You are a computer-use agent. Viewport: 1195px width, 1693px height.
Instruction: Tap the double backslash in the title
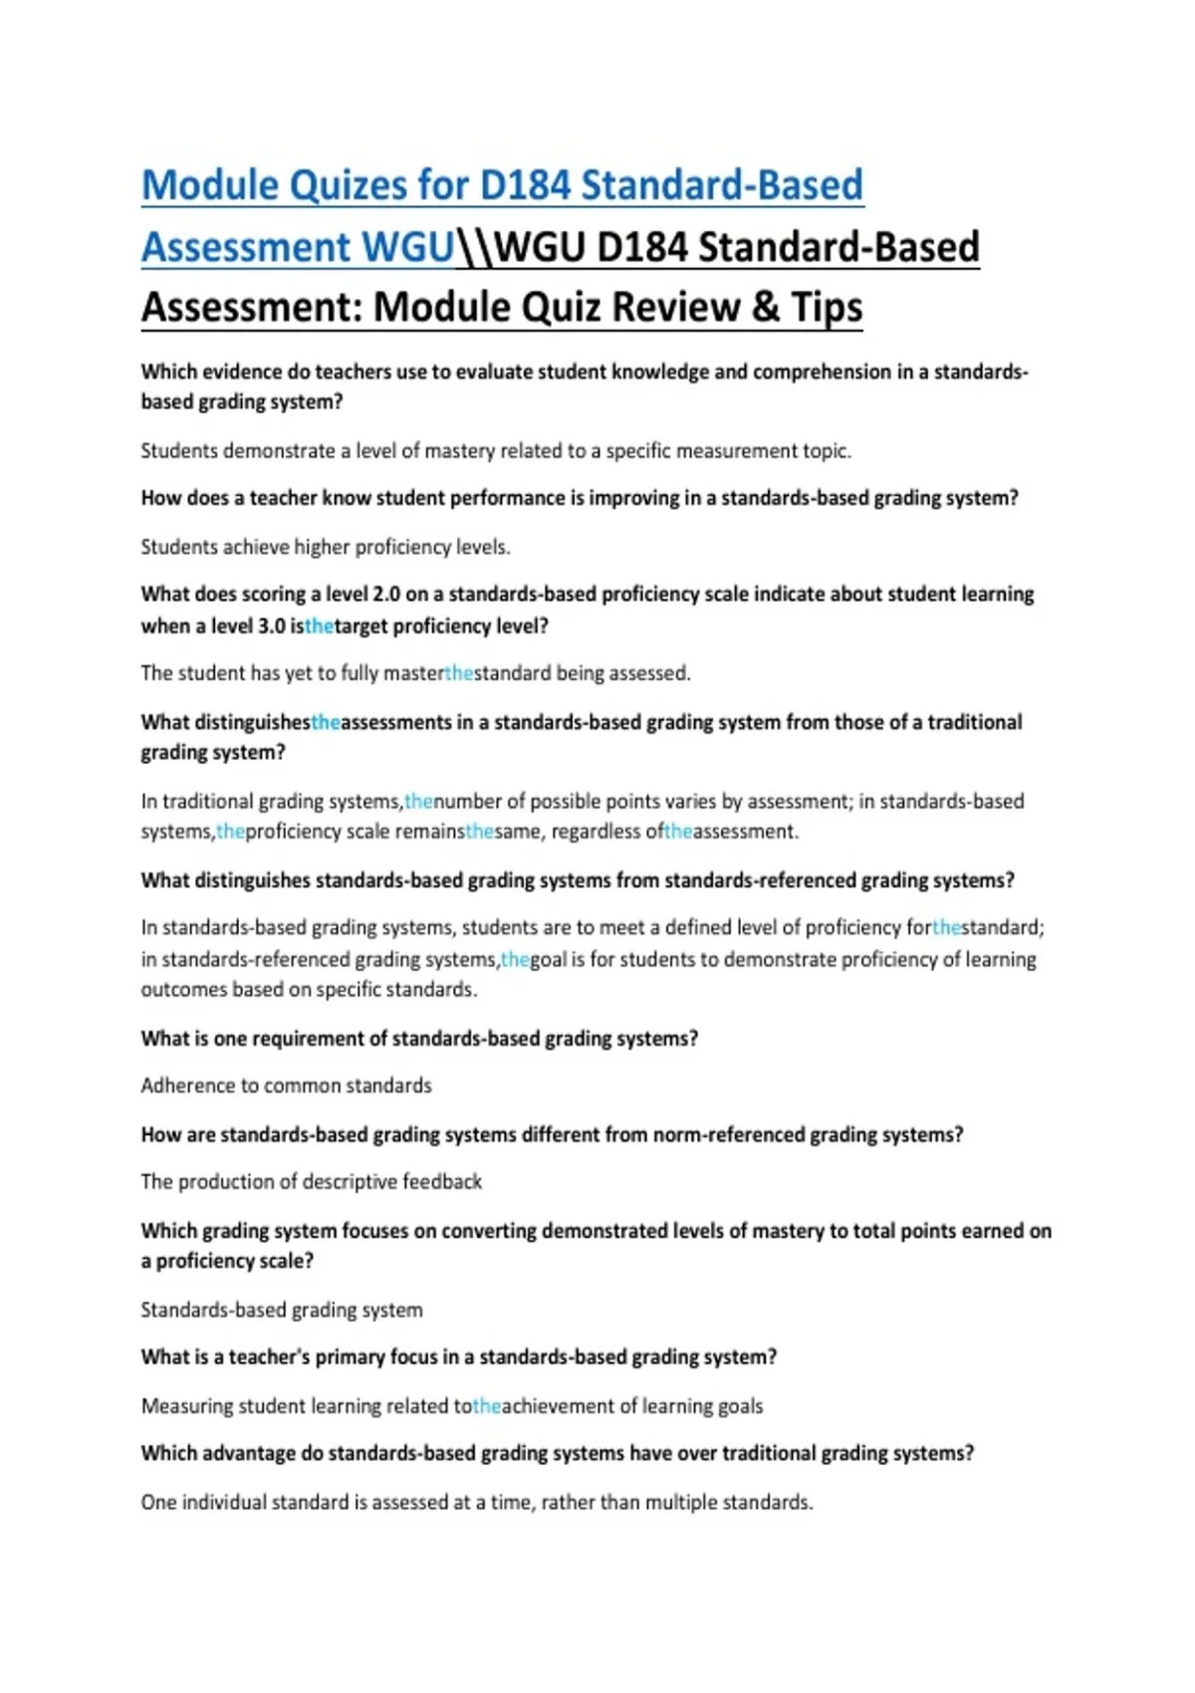point(474,247)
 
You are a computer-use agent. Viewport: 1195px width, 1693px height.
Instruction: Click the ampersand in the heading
point(765,307)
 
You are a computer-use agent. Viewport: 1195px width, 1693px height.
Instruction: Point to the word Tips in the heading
point(827,307)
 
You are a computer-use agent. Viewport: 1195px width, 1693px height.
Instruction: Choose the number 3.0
point(272,626)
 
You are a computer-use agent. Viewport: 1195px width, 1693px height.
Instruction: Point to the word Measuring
point(188,1406)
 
